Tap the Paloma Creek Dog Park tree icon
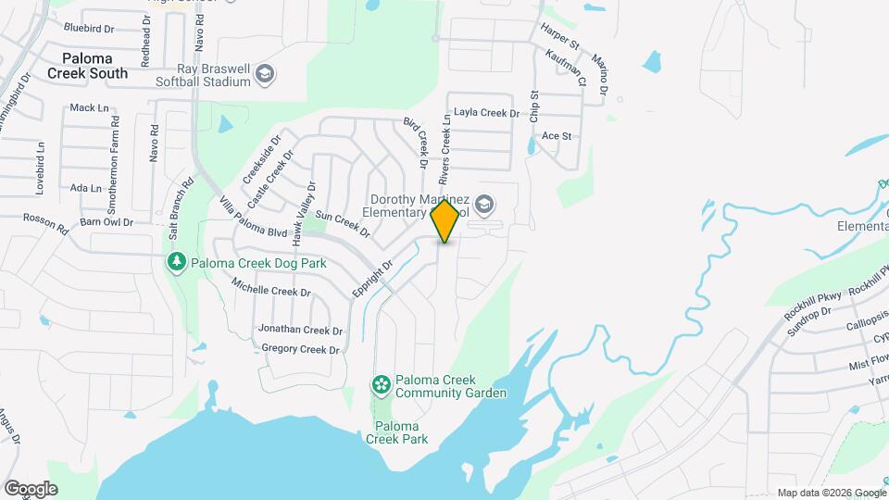pyautogui.click(x=176, y=262)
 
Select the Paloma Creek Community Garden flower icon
pyautogui.click(x=380, y=383)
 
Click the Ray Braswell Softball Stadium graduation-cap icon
pyautogui.click(x=265, y=74)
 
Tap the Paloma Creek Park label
pyautogui.click(x=401, y=432)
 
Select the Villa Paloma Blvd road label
pyautogui.click(x=253, y=219)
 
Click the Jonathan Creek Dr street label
pyautogui.click(x=300, y=330)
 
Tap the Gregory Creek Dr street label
pyautogui.click(x=301, y=349)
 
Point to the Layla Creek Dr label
pyautogui.click(x=494, y=113)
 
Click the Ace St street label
pyautogui.click(x=557, y=135)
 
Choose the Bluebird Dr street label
pyautogui.click(x=88, y=28)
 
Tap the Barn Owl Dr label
pyautogui.click(x=106, y=222)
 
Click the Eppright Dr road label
pyautogui.click(x=373, y=278)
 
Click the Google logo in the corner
pyautogui.click(x=31, y=489)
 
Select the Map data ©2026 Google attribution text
pyautogui.click(x=831, y=493)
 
